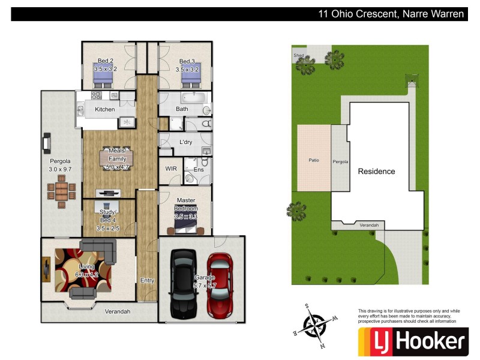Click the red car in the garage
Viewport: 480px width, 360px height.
[x=220, y=284]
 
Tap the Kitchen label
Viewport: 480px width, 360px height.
[x=105, y=109]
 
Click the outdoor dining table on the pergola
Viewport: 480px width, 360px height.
[x=62, y=194]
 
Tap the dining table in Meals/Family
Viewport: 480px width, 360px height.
[x=117, y=158]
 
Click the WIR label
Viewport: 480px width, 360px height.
[x=170, y=169]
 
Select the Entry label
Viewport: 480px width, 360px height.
[x=147, y=280]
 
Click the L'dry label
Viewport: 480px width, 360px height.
[x=186, y=142]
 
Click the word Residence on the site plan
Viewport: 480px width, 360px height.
[x=376, y=172]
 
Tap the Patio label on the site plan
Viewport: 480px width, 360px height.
[x=314, y=161]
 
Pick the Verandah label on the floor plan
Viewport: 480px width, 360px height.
[x=118, y=311]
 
